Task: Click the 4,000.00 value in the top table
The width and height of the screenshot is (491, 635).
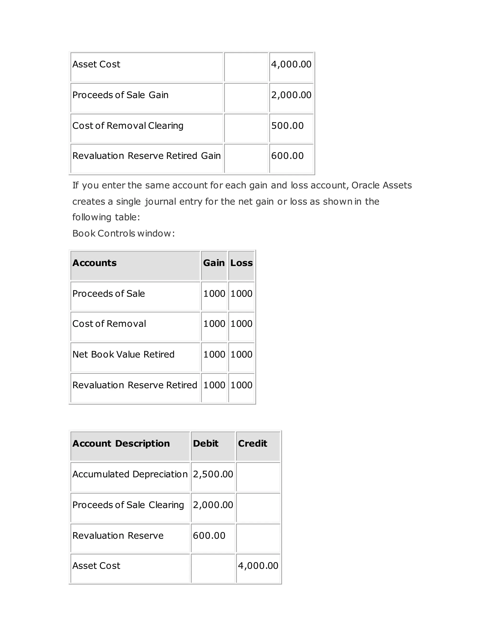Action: [291, 64]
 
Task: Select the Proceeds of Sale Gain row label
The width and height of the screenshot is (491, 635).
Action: [120, 95]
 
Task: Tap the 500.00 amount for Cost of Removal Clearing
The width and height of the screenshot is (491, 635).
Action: [287, 126]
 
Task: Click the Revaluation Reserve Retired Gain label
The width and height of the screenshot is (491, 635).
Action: [146, 156]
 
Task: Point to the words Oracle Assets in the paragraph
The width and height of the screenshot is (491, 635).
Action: [381, 185]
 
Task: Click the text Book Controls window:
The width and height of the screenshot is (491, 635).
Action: [123, 233]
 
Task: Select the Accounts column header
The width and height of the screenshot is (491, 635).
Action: [94, 263]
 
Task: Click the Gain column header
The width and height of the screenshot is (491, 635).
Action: [214, 263]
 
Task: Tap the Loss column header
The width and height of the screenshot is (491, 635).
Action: [241, 263]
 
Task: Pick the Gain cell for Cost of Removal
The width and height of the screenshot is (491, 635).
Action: [214, 323]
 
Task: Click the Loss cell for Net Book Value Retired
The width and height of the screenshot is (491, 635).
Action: [241, 354]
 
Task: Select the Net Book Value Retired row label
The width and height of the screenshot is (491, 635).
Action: [123, 354]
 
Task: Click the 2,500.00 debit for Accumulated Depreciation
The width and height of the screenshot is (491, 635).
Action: [213, 474]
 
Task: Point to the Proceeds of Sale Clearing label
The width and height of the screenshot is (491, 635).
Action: [128, 505]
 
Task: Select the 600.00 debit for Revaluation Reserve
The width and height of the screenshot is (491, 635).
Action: [209, 536]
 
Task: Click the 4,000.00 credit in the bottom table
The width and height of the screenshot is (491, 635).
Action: [258, 566]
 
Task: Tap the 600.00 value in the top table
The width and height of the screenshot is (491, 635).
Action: [287, 156]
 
